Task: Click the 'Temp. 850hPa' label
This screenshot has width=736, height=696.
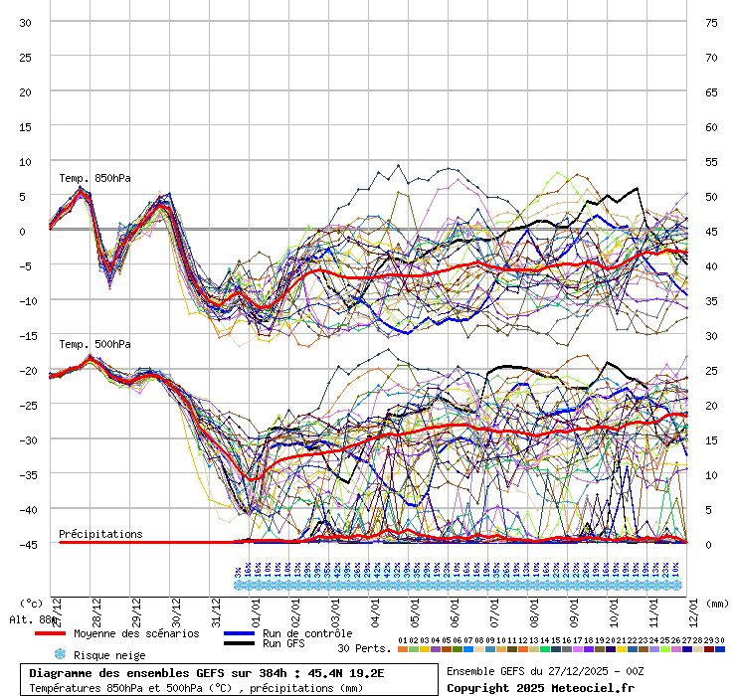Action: click(94, 179)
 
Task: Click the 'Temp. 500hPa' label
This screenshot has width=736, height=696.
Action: click(94, 345)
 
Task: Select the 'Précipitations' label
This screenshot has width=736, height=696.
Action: click(100, 534)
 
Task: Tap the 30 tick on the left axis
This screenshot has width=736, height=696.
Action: click(26, 22)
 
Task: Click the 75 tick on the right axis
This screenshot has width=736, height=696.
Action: click(711, 22)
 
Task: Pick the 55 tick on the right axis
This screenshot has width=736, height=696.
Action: click(711, 161)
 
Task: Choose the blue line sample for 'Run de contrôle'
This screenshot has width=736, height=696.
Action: click(240, 633)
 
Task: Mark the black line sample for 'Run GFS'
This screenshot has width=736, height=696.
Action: click(240, 644)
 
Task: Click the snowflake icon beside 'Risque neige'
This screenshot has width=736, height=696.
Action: click(59, 655)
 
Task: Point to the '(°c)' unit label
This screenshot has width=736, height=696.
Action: click(32, 603)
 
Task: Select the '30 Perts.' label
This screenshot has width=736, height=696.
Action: click(364, 648)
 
